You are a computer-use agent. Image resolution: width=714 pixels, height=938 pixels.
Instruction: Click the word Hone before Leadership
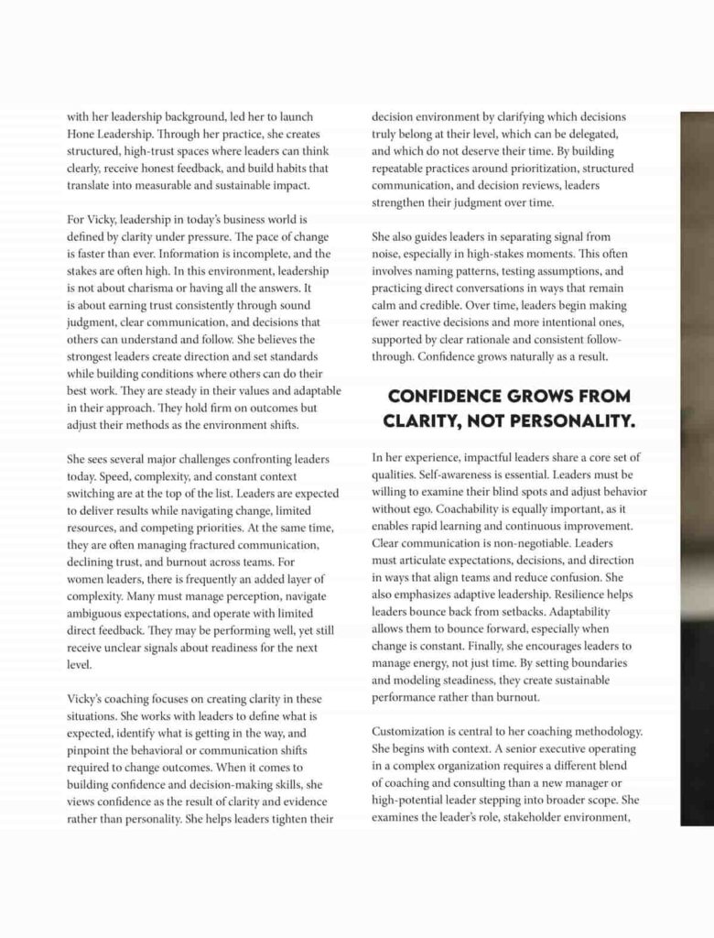pyautogui.click(x=83, y=135)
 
